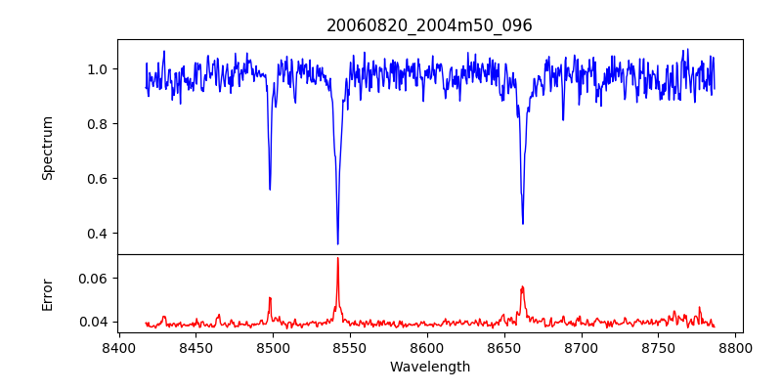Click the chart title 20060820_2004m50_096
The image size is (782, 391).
(x=429, y=25)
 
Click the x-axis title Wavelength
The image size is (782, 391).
(x=429, y=367)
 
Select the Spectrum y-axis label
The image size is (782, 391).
(x=47, y=148)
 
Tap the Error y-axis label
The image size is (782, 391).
(x=47, y=294)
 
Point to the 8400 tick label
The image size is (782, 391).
(x=118, y=346)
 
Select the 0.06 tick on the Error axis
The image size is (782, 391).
(x=94, y=279)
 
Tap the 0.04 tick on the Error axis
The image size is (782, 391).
(x=94, y=322)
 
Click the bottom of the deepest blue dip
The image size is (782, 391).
(x=337, y=243)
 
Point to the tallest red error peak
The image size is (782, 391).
(x=337, y=259)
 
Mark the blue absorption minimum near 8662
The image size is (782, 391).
(x=522, y=223)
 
